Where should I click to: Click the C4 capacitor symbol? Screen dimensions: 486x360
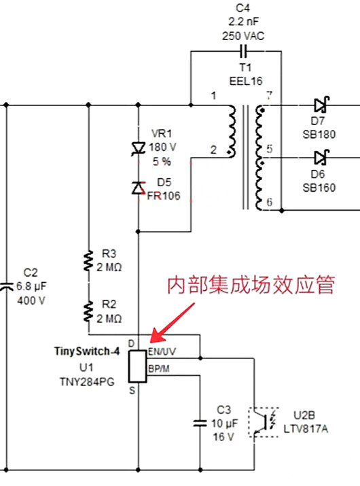242,51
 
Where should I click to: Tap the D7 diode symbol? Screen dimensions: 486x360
320,105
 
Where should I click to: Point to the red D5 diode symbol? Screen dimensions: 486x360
139,187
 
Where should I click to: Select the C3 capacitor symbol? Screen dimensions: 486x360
200,422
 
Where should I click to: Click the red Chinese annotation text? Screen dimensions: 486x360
251,285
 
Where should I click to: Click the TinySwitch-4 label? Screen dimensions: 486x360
86,352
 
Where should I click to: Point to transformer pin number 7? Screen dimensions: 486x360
270,96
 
